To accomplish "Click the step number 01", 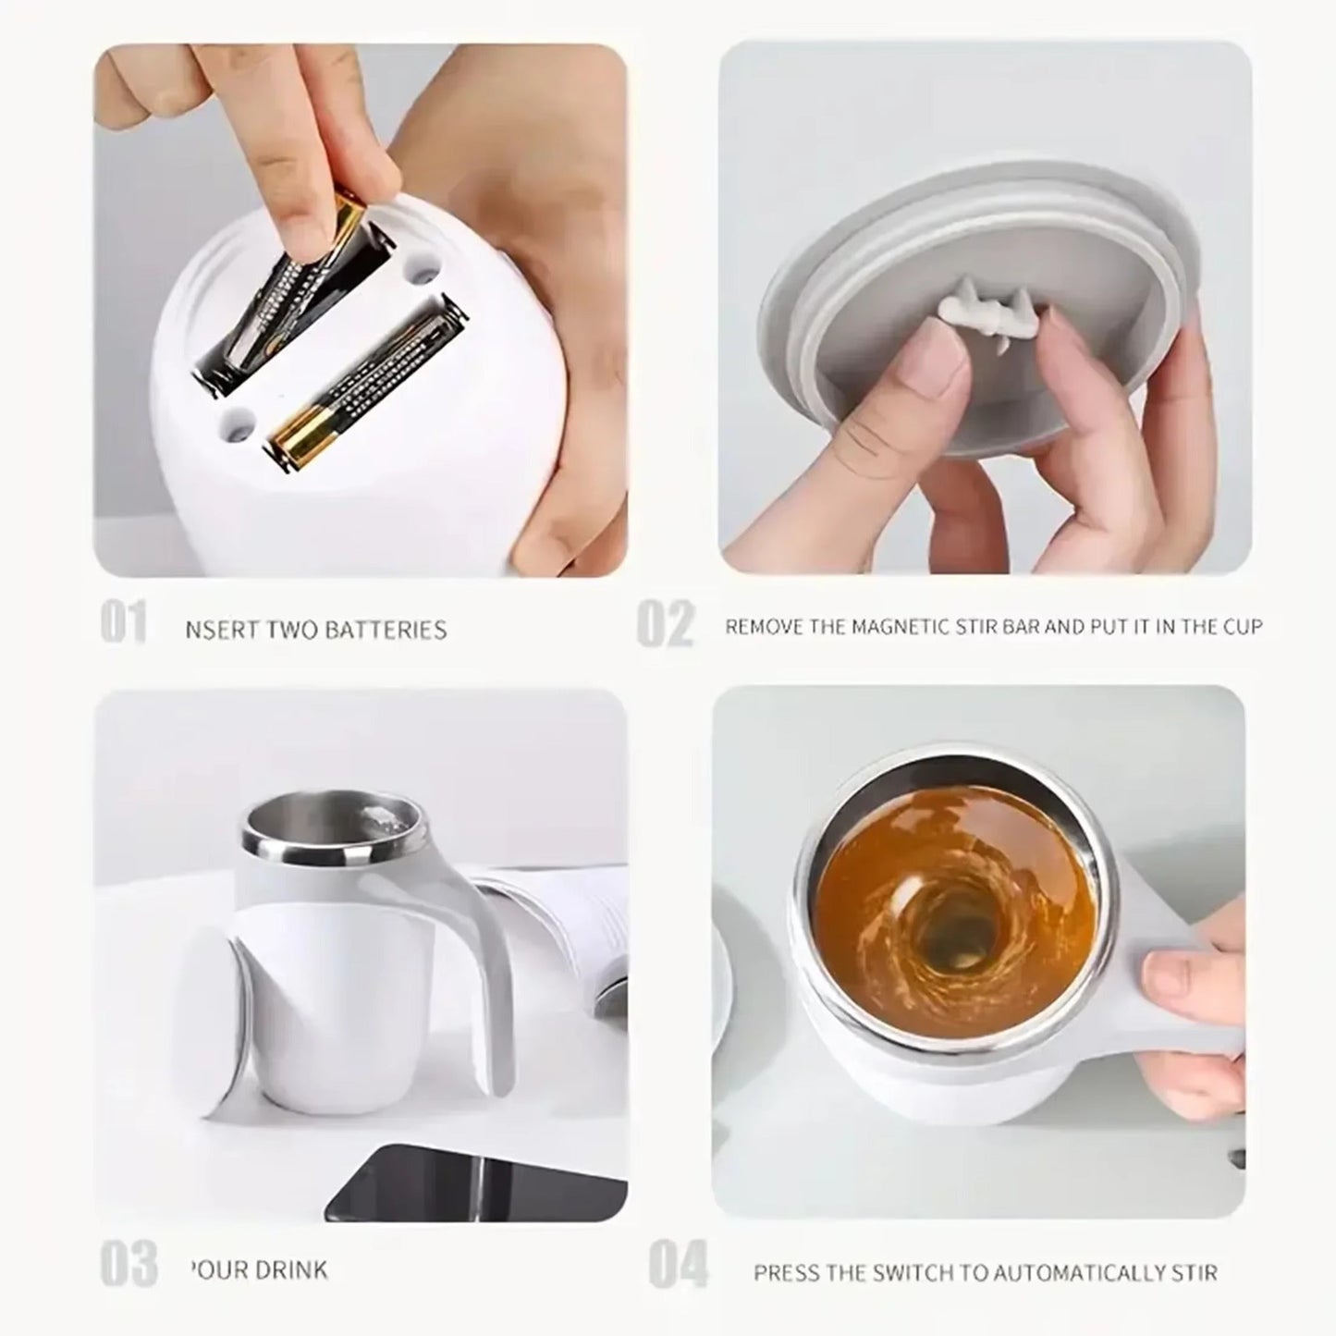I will tap(123, 623).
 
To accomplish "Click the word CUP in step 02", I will tap(1243, 627).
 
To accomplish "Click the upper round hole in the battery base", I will tap(423, 272).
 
